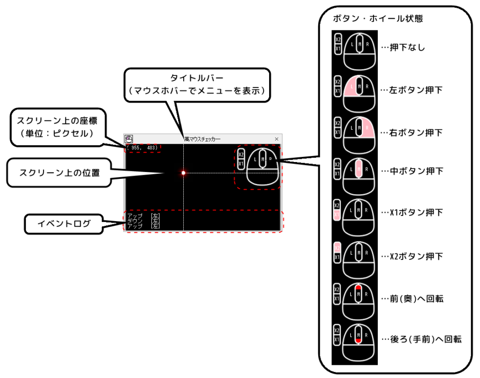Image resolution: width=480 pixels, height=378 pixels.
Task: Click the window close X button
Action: (x=277, y=139)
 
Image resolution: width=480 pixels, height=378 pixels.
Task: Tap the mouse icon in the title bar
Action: (x=128, y=139)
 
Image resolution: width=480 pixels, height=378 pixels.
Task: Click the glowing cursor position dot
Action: (x=183, y=173)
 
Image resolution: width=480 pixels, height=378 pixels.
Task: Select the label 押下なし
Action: (x=403, y=47)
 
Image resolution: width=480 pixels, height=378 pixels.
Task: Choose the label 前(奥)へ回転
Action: (x=412, y=299)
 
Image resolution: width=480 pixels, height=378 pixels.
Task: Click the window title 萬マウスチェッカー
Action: (x=202, y=139)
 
